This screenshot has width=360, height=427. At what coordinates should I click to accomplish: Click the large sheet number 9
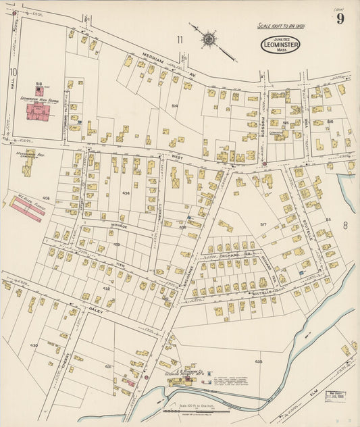340,18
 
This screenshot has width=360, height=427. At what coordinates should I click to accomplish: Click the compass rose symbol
209,39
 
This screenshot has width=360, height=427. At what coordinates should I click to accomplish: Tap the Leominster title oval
280,45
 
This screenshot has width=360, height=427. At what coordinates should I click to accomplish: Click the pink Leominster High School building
41,111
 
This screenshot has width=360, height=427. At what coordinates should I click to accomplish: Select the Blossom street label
264,126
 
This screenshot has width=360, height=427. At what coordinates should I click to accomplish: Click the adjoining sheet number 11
180,40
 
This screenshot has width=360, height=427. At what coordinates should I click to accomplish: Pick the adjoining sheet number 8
345,225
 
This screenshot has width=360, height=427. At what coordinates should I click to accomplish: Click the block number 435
259,362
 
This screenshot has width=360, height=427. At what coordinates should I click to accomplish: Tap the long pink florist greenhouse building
28,208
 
